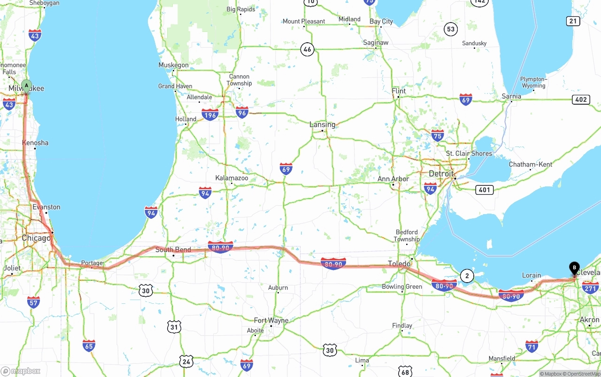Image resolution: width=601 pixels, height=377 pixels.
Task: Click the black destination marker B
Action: (x=574, y=268)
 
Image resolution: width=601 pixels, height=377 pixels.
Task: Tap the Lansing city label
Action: (x=322, y=124)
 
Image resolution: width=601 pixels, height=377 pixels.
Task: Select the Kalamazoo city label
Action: (x=231, y=178)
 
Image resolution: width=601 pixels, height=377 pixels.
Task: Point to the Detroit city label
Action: (x=441, y=174)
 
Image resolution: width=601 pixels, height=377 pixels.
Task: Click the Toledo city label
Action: (x=399, y=263)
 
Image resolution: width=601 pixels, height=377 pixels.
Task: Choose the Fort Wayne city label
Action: (x=271, y=320)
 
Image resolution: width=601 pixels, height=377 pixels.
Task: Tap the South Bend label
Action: (x=173, y=250)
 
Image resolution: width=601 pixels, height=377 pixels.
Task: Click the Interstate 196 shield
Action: (x=210, y=114)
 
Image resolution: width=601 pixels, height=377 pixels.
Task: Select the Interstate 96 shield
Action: (x=242, y=112)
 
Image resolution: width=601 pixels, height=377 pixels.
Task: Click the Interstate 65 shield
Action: (x=89, y=346)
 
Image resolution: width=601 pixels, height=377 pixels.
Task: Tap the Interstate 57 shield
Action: (x=33, y=302)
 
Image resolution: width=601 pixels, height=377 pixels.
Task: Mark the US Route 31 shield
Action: (x=174, y=327)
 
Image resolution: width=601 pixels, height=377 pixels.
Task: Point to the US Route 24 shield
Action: (x=186, y=361)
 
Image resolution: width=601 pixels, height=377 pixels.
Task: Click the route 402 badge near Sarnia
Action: (x=581, y=100)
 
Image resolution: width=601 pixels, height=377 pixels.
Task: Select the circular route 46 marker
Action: (x=307, y=49)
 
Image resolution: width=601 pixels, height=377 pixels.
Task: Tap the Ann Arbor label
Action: (x=393, y=179)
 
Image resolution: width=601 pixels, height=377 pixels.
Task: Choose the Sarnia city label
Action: (x=511, y=96)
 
